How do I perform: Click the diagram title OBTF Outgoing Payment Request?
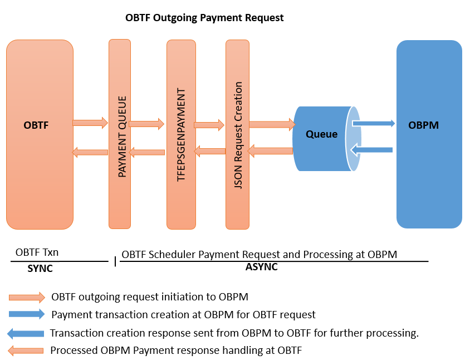(204, 18)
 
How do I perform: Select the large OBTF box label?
(36, 125)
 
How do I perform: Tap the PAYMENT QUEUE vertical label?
(123, 137)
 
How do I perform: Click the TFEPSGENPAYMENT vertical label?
(180, 135)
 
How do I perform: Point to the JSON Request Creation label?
(238, 135)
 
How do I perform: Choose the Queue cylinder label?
(321, 134)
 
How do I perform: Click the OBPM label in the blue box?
(423, 125)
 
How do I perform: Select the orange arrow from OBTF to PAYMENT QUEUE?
(90, 123)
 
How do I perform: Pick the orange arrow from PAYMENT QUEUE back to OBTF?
(90, 152)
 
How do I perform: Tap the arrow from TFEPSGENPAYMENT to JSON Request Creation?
(209, 125)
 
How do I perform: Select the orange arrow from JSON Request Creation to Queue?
(272, 124)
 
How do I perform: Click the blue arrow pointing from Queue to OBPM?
(373, 124)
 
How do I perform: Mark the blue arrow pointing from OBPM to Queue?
(372, 149)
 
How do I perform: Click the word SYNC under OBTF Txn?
(40, 268)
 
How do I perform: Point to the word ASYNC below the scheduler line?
(261, 267)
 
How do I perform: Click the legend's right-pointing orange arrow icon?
(27, 297)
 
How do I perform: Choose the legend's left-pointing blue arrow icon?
(26, 333)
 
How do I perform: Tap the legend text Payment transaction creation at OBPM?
(183, 314)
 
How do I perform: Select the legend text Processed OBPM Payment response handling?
(175, 351)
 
